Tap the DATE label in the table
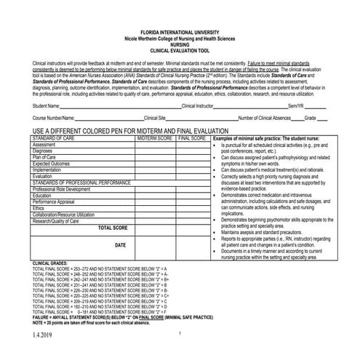pos(120,245)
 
